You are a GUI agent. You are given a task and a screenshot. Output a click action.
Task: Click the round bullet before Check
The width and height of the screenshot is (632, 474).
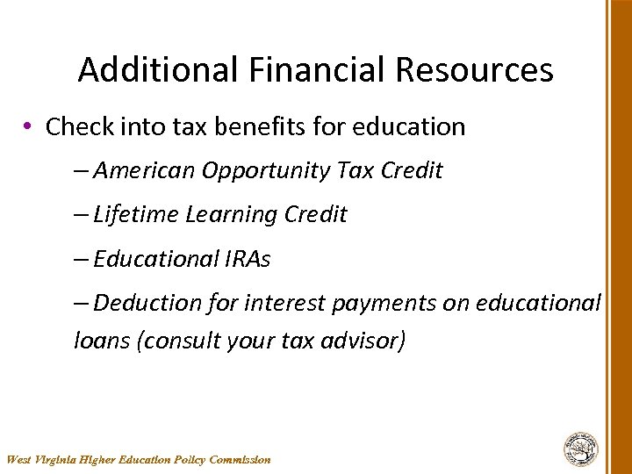click(29, 126)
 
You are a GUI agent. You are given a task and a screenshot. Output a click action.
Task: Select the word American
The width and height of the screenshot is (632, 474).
click(144, 170)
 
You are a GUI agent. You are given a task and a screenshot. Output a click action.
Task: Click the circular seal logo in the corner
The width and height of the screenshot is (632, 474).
click(580, 449)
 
